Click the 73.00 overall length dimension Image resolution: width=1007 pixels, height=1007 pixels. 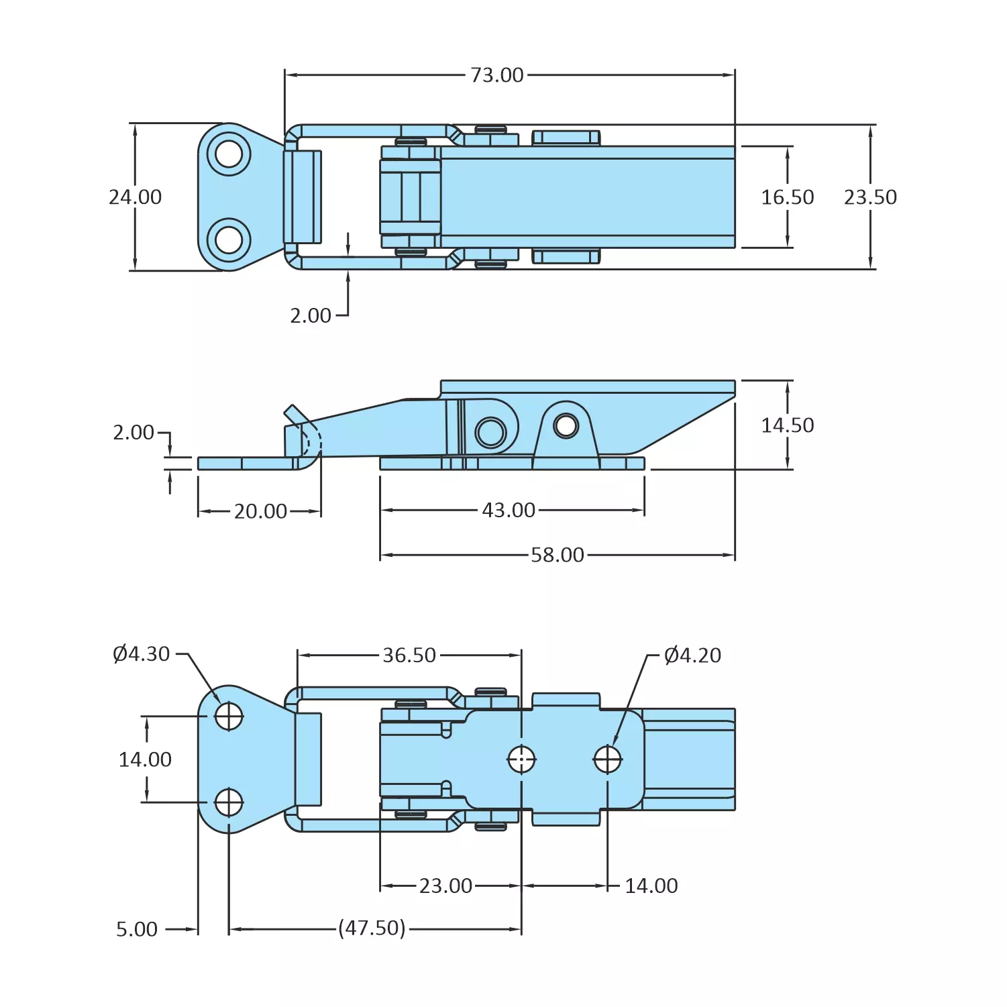(x=496, y=75)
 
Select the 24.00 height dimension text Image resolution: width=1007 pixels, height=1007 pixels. (x=136, y=197)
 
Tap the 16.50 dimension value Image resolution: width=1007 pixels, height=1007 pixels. (x=787, y=197)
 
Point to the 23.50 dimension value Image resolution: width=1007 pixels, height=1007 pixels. (x=870, y=197)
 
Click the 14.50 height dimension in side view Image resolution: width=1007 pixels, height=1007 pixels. (x=787, y=425)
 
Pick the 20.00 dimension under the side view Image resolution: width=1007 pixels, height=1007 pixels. (x=260, y=511)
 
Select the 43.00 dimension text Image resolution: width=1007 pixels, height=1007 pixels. (x=509, y=511)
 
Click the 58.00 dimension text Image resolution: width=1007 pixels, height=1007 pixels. (x=558, y=555)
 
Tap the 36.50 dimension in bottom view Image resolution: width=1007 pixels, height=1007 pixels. (x=409, y=655)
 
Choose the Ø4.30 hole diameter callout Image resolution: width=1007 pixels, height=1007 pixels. (x=142, y=654)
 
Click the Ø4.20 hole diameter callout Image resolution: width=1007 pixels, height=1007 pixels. (x=692, y=655)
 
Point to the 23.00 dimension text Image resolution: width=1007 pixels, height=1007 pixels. (x=445, y=886)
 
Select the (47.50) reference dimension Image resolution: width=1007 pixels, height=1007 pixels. (x=372, y=929)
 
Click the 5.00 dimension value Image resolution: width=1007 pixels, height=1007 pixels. (x=137, y=929)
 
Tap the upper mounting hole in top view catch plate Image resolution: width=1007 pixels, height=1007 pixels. (x=229, y=154)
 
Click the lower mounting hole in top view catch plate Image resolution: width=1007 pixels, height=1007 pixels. (x=229, y=240)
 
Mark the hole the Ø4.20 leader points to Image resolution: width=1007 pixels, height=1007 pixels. (x=608, y=759)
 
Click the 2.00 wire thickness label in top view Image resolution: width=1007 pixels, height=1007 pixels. (x=311, y=315)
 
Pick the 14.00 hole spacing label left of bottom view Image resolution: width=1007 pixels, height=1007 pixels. (x=145, y=759)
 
